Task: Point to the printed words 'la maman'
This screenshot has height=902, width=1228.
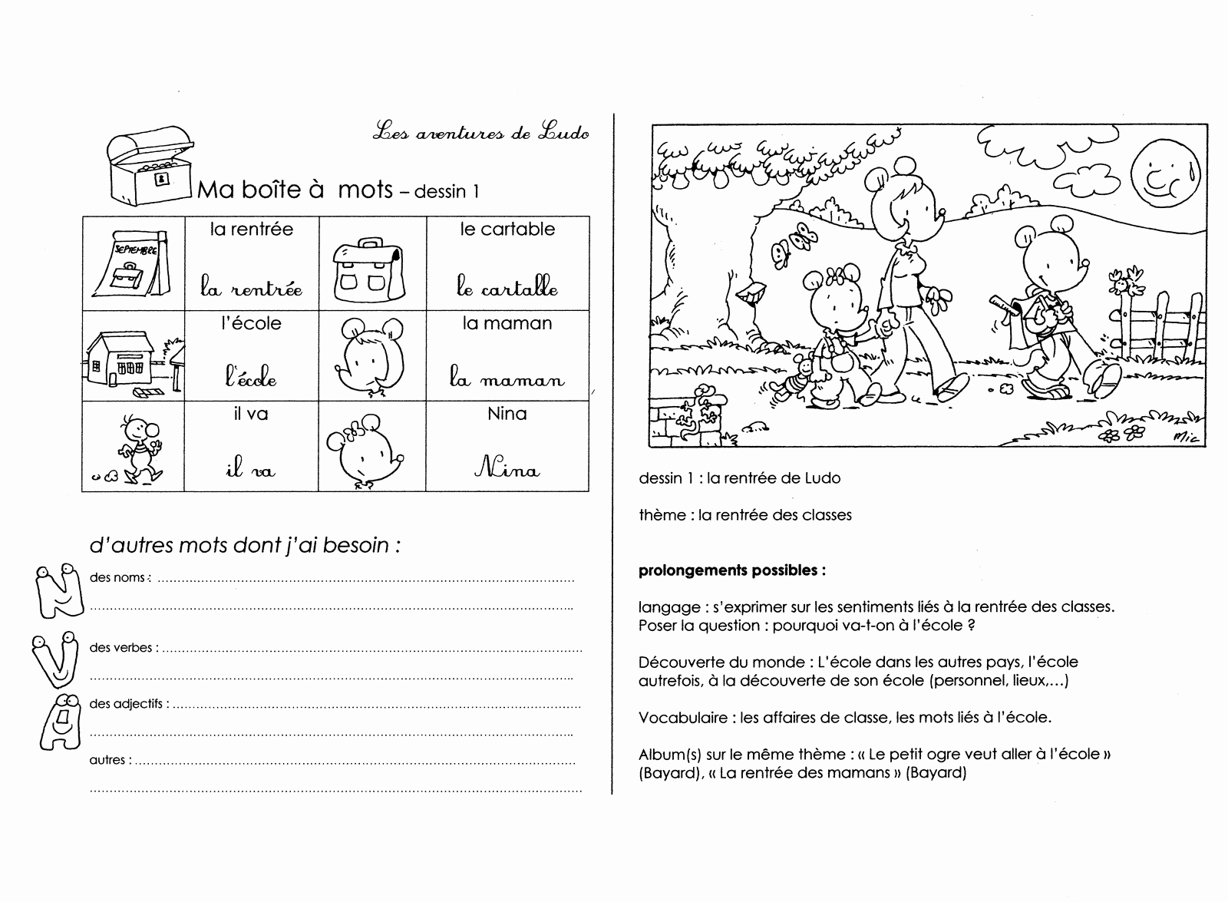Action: click(x=507, y=323)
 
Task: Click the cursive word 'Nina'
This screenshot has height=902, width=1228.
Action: click(x=507, y=468)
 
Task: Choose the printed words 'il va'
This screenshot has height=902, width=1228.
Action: click(x=250, y=415)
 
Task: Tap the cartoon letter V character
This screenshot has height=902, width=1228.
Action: click(x=55, y=659)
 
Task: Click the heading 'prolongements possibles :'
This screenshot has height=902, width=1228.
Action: click(x=732, y=570)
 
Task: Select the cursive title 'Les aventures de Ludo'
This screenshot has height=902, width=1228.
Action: click(x=481, y=133)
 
